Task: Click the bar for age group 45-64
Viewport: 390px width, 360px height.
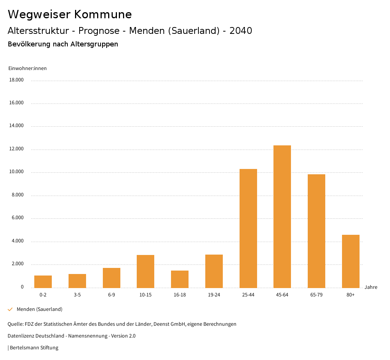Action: [x=282, y=217]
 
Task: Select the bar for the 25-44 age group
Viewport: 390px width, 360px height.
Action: [x=248, y=228]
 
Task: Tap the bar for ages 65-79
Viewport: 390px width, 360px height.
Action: [x=316, y=231]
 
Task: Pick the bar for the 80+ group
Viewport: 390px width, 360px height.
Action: [x=351, y=261]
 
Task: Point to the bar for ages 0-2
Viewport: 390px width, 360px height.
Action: [x=43, y=282]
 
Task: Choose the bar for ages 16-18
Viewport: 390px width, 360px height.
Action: [x=180, y=279]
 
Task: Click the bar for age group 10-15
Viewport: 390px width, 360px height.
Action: [x=145, y=271]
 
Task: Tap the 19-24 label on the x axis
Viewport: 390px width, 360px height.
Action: [x=214, y=295]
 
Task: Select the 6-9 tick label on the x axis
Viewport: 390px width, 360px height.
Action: [x=112, y=295]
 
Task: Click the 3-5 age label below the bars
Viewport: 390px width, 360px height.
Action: [x=77, y=295]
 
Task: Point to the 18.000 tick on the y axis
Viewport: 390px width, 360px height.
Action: [x=16, y=80]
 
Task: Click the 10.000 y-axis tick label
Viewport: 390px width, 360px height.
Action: [x=16, y=172]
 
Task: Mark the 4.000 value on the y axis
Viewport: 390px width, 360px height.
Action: [x=18, y=241]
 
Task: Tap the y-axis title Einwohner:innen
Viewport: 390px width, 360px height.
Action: [x=27, y=68]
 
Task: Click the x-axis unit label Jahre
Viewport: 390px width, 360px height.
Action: [x=371, y=287]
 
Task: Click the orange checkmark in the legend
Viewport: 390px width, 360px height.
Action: [x=10, y=309]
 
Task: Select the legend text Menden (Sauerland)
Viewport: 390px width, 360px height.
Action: [x=40, y=309]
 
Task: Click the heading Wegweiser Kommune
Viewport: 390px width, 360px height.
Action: [x=70, y=14]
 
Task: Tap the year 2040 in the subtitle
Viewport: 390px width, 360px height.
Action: [x=241, y=31]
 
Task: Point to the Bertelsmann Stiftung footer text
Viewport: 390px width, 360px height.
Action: [x=34, y=347]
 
